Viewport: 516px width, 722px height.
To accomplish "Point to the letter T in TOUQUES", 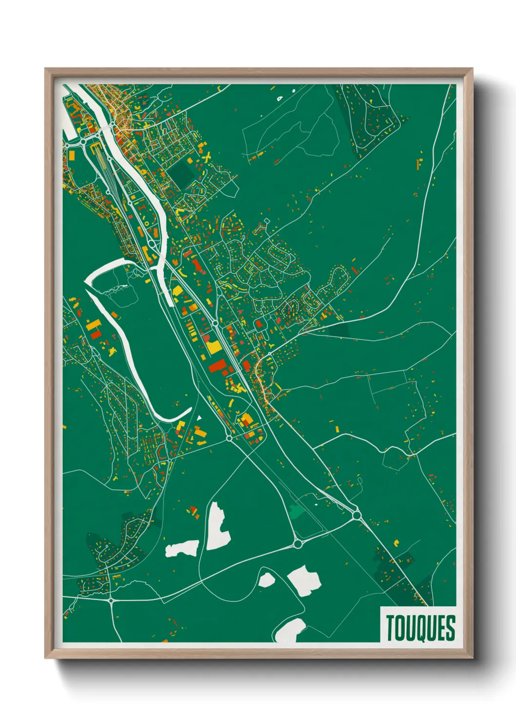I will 391,628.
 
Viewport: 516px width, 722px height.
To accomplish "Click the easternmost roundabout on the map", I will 357,514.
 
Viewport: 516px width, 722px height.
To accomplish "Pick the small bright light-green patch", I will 296,511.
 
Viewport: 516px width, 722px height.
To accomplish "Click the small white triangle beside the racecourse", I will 199,418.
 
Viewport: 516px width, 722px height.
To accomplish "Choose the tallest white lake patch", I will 218,526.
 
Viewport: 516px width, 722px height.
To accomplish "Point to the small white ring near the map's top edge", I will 279,98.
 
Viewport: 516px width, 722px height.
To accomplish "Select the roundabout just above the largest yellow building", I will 215,323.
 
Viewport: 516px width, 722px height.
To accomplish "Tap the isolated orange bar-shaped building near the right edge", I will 419,164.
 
